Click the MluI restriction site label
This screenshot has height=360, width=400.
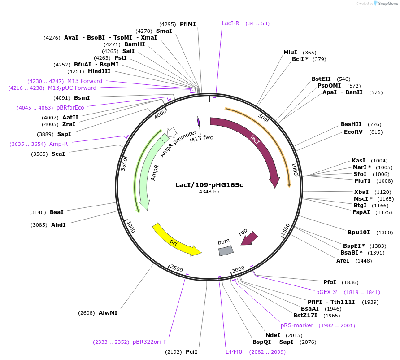coord(290,53)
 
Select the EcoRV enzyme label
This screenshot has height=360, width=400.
coord(353,132)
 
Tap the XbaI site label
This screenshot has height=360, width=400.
coord(361,192)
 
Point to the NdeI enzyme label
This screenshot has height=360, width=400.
coord(273,335)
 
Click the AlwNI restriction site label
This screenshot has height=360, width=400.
coord(108,312)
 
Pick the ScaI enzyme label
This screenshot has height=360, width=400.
coord(58,154)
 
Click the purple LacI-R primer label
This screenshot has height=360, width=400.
coord(230,23)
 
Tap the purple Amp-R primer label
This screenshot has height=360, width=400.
coord(58,144)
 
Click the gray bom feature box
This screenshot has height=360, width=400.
coord(226,250)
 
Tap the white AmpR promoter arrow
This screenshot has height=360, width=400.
coord(172,131)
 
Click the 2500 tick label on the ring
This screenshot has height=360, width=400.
coord(177,268)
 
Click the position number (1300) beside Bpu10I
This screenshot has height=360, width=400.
coord(385,233)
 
